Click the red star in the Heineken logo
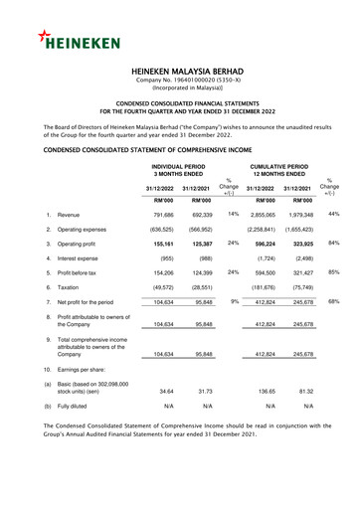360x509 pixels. [46, 38]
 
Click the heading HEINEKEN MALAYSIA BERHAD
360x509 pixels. [179, 74]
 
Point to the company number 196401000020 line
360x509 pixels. [179, 83]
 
